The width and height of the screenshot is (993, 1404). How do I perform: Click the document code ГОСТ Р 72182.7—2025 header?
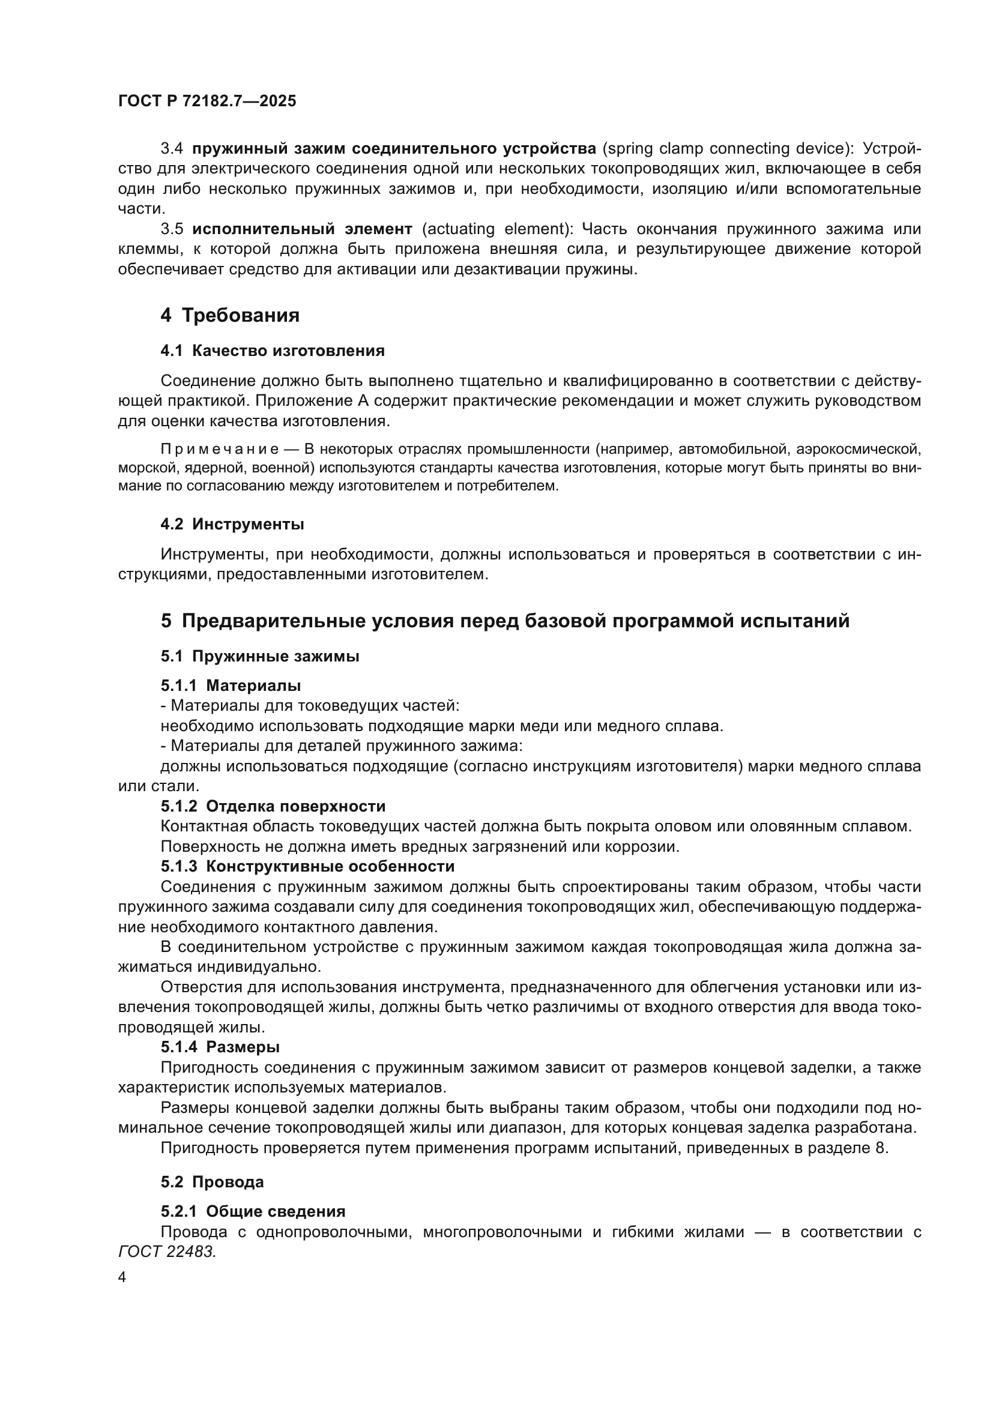(x=207, y=101)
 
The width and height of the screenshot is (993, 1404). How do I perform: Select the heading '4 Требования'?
(x=230, y=316)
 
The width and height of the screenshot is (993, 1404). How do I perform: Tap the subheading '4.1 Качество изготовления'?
(x=273, y=351)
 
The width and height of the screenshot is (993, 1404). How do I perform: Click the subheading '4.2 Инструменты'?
(x=232, y=524)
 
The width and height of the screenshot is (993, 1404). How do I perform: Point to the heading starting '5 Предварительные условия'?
(x=505, y=621)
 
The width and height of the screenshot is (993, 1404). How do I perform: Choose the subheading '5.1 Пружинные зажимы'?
(x=260, y=656)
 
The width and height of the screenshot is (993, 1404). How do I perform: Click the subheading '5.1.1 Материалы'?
(x=231, y=685)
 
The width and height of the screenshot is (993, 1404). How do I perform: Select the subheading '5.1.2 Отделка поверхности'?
(x=273, y=806)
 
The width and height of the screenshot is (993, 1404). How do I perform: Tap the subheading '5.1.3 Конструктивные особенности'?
(x=307, y=867)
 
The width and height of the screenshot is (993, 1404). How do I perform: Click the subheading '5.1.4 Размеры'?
(x=220, y=1047)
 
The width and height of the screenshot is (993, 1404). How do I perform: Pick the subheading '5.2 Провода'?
(x=212, y=1182)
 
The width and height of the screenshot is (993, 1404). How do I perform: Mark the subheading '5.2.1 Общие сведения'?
(x=253, y=1211)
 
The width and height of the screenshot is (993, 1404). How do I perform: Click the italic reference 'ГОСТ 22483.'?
(x=168, y=1252)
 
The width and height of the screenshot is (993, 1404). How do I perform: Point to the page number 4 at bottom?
(x=122, y=1277)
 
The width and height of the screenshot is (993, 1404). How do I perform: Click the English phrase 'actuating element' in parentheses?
(x=495, y=229)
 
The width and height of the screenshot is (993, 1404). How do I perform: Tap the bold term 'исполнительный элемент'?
(x=302, y=229)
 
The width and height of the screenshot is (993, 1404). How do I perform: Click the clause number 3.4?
(x=172, y=149)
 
